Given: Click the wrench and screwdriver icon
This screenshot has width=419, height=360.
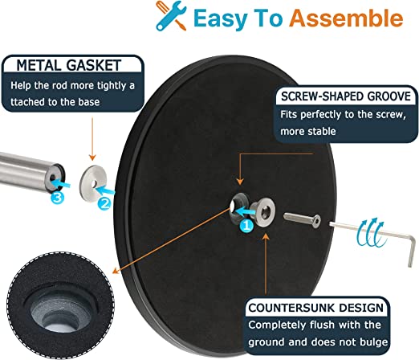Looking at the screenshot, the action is (x=171, y=16).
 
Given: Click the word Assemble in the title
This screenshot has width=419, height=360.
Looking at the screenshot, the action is (x=346, y=18).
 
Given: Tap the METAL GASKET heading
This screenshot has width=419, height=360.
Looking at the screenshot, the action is (x=69, y=65).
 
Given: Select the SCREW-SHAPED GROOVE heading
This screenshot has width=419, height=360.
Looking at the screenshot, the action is (x=346, y=96).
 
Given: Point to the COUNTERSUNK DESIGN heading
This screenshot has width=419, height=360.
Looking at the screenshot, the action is (x=316, y=308).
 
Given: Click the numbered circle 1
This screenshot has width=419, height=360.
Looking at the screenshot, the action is (x=246, y=225).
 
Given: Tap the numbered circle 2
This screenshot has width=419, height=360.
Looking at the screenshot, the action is (x=104, y=203).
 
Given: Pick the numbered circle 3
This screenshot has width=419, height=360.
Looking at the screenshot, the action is (x=58, y=198).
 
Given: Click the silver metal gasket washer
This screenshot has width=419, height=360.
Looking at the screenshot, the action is (x=93, y=182).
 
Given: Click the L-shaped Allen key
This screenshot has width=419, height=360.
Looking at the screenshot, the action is (x=375, y=235).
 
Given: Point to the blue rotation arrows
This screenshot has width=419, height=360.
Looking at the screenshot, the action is (x=372, y=232).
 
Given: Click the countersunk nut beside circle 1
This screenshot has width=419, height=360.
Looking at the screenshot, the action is (x=262, y=212).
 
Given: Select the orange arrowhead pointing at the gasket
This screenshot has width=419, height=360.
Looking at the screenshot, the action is (x=92, y=157).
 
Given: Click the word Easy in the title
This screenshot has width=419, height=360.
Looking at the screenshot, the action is (x=220, y=18).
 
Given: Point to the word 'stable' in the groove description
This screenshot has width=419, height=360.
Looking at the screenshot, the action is (x=322, y=131).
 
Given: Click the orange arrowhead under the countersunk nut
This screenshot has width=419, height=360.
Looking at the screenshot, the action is (x=266, y=237).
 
